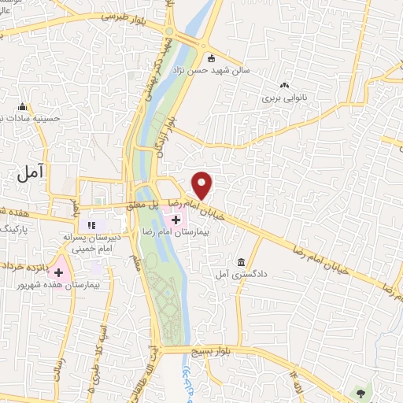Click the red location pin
[202, 185]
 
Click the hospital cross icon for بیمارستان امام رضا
[176, 220]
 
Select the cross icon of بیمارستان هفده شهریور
[58, 272]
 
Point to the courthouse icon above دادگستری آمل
[240, 262]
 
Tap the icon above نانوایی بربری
[283, 86]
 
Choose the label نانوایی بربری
[283, 99]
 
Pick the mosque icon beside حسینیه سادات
[22, 106]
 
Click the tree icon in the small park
[361, 392]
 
